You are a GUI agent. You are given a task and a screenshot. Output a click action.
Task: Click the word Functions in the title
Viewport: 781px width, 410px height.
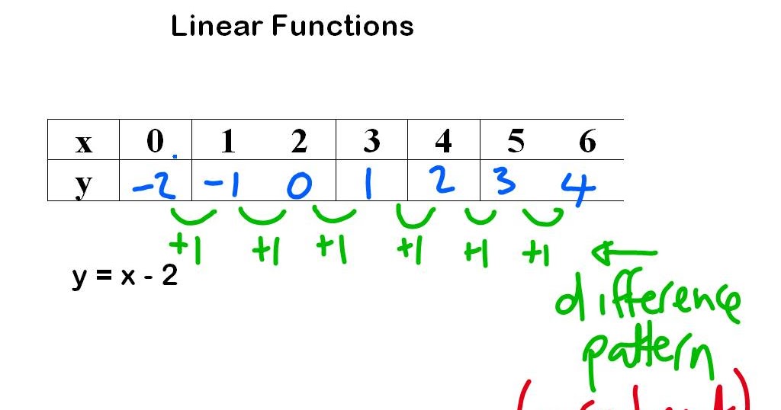pos(342,27)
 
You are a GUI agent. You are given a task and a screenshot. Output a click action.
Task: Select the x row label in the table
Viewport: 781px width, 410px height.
pos(83,143)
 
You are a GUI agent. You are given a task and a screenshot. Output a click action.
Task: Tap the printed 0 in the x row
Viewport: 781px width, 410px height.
pos(155,141)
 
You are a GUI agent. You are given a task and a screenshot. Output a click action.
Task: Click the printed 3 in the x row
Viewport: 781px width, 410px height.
pos(371,141)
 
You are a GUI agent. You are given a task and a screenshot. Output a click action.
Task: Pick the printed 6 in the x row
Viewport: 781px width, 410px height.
pos(587,141)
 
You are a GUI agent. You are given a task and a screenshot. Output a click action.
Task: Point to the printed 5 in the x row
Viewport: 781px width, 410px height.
pos(516,141)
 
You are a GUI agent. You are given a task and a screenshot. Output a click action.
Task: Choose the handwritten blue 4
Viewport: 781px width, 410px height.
pos(578,187)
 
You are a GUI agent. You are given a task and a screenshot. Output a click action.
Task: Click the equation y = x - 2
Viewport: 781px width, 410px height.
pos(125,275)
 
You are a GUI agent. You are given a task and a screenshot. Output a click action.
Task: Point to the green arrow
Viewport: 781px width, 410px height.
pos(623,251)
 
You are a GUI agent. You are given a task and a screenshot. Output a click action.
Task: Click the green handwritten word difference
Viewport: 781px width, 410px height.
pos(647,302)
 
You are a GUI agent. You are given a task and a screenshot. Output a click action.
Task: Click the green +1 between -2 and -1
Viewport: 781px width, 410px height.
pos(185,249)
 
